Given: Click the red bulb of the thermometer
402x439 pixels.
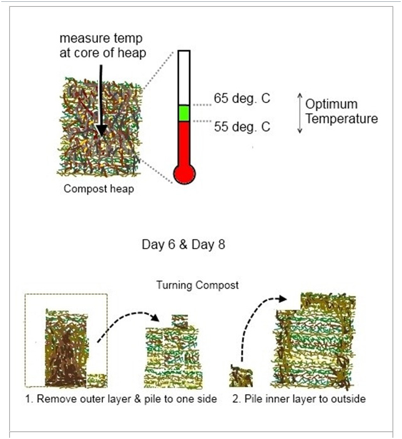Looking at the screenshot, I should (184, 173).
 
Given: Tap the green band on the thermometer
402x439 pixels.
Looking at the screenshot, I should (184, 113).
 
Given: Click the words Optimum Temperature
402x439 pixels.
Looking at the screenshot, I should (341, 111).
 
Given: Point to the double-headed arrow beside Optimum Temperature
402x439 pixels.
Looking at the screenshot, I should (299, 112).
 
